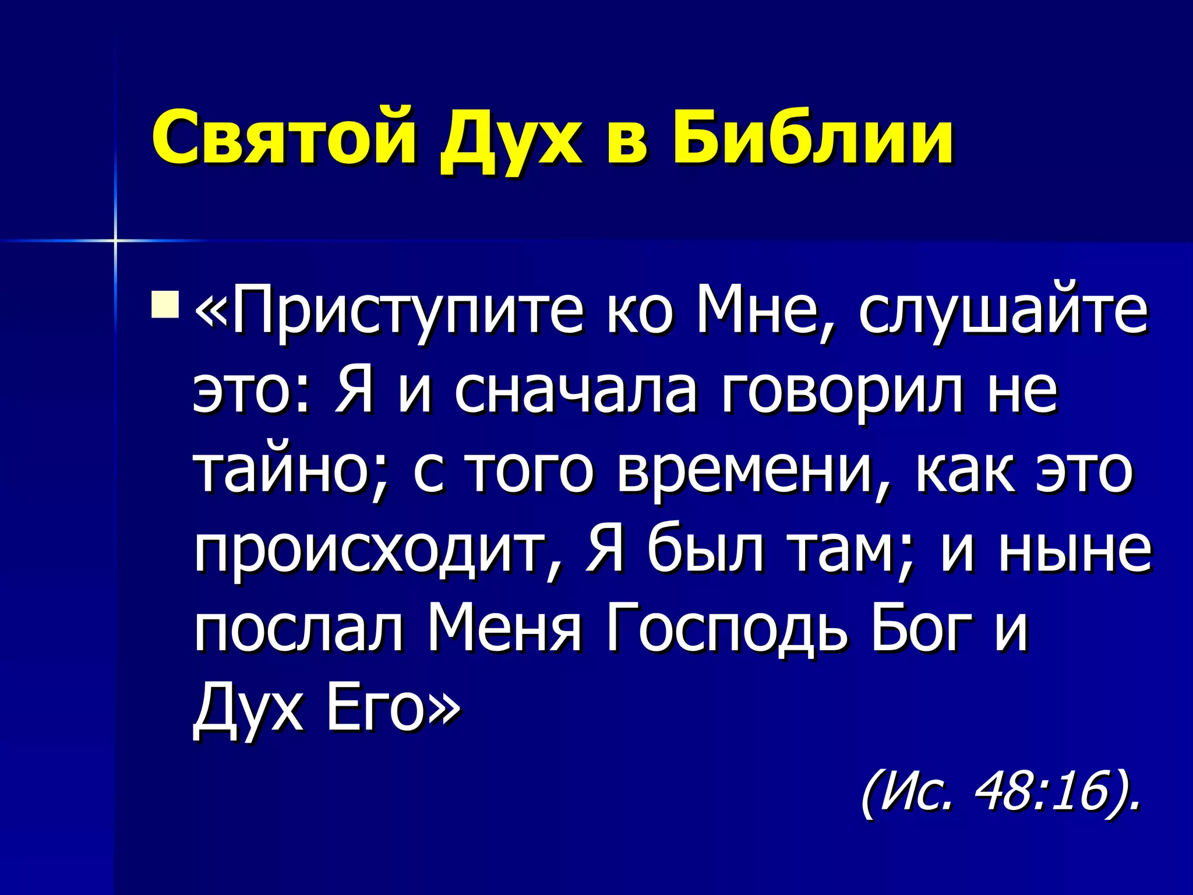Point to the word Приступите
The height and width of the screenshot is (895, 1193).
tap(408, 312)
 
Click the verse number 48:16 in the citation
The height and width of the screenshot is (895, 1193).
tap(1040, 792)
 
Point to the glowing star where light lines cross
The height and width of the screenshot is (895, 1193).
tap(115, 240)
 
